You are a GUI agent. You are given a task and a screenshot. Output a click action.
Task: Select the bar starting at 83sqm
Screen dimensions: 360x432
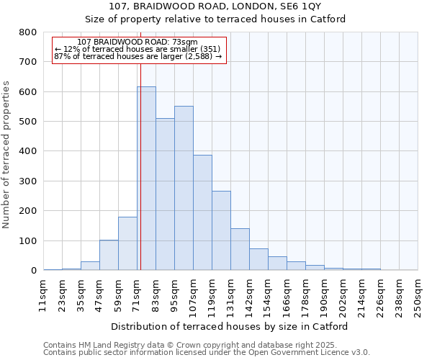click(x=165, y=194)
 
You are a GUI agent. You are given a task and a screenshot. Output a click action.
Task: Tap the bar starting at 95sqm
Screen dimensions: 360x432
click(x=184, y=188)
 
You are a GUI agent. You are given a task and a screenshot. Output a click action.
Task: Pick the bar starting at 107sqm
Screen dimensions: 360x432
click(x=202, y=212)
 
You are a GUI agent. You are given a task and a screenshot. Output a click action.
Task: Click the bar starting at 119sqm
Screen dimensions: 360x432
click(x=221, y=230)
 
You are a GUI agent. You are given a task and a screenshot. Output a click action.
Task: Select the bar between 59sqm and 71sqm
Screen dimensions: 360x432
click(x=127, y=243)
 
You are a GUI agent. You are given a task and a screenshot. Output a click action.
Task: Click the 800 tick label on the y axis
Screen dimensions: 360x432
click(x=28, y=32)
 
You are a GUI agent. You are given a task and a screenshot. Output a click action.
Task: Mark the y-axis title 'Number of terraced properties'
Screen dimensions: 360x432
click(x=8, y=154)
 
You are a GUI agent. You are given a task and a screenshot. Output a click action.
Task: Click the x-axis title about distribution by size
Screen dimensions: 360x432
click(x=230, y=326)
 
